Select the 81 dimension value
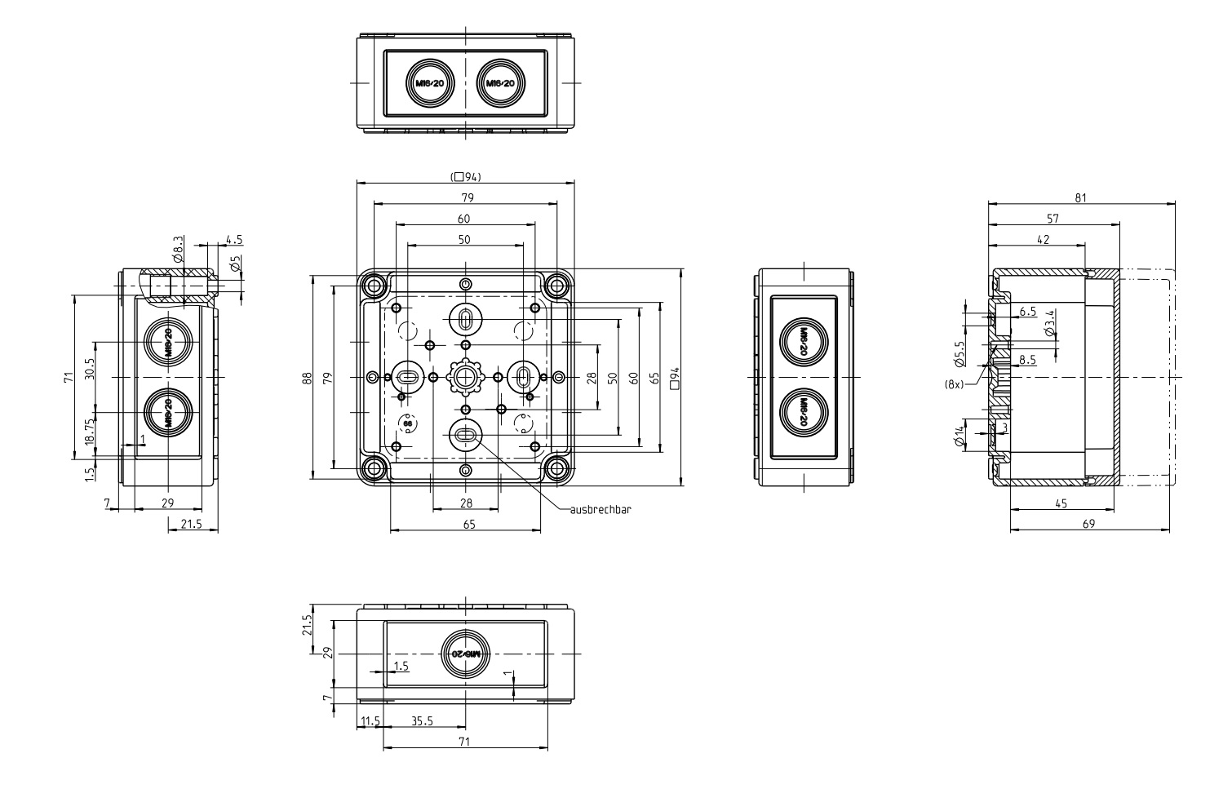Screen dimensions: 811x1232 [x=1080, y=197]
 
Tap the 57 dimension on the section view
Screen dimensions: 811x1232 [x=1053, y=219]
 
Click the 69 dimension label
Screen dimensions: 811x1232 [x=1088, y=524]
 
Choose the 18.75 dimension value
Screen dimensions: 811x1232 [x=90, y=428]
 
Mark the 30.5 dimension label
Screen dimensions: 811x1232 [x=90, y=370]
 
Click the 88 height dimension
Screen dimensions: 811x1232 [x=307, y=378]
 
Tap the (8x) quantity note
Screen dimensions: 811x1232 [x=953, y=383]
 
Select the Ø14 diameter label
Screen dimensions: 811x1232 [x=959, y=437]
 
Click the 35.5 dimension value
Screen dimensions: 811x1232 [x=423, y=720]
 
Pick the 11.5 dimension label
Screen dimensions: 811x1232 [x=369, y=720]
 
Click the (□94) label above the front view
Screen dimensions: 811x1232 [x=466, y=176]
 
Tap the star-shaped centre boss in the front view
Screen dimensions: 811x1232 [x=465, y=376]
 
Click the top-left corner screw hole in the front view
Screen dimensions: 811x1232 [x=374, y=286]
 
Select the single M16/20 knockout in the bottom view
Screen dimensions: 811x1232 [x=465, y=654]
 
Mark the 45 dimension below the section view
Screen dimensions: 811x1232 [x=1061, y=503]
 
